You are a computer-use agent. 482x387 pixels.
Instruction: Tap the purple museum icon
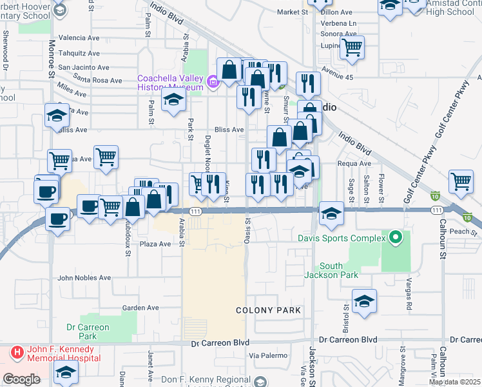tap(213, 81)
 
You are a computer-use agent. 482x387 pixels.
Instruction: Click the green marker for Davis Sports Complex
tap(396, 237)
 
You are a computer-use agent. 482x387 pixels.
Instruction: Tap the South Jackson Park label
tap(331, 270)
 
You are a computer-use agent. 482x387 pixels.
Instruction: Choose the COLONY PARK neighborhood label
tap(268, 310)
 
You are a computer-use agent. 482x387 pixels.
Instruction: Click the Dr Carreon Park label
tap(88, 332)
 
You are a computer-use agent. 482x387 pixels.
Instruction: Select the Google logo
tap(21, 379)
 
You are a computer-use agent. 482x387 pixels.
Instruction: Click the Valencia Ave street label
tap(79, 38)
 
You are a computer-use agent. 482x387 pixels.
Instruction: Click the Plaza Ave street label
tap(155, 244)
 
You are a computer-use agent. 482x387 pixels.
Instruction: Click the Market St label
tap(293, 12)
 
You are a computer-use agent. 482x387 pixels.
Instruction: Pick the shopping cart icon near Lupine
tap(352, 46)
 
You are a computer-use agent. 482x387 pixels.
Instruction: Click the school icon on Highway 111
tap(331, 213)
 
